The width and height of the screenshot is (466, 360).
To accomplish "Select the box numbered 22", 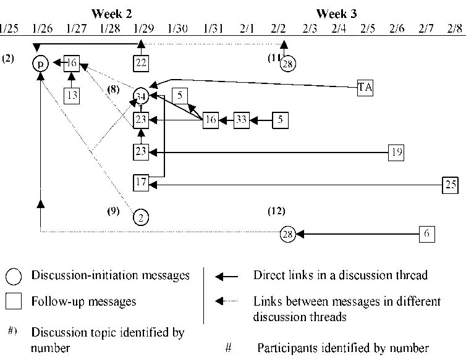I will coord(142,62).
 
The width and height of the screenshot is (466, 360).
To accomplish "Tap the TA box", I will coord(365,88).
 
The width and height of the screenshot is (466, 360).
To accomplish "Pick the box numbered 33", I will coord(242,120).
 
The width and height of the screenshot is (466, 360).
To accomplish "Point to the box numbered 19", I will coord(396,151).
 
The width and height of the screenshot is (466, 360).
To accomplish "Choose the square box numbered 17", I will coord(142,183).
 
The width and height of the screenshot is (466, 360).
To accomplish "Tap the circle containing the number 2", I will coord(142,217).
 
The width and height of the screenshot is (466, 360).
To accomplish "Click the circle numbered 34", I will coord(142,96).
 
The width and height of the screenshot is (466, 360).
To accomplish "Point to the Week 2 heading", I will coord(111,13).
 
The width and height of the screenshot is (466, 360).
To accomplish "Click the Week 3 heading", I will coord(336,13).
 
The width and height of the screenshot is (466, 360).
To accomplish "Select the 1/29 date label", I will coord(143,29).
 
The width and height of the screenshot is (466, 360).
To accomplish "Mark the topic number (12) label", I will coord(276,210).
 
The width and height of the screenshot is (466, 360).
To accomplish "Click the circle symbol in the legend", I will coord(14,275).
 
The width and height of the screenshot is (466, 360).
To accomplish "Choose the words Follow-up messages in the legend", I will coord(83,302).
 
